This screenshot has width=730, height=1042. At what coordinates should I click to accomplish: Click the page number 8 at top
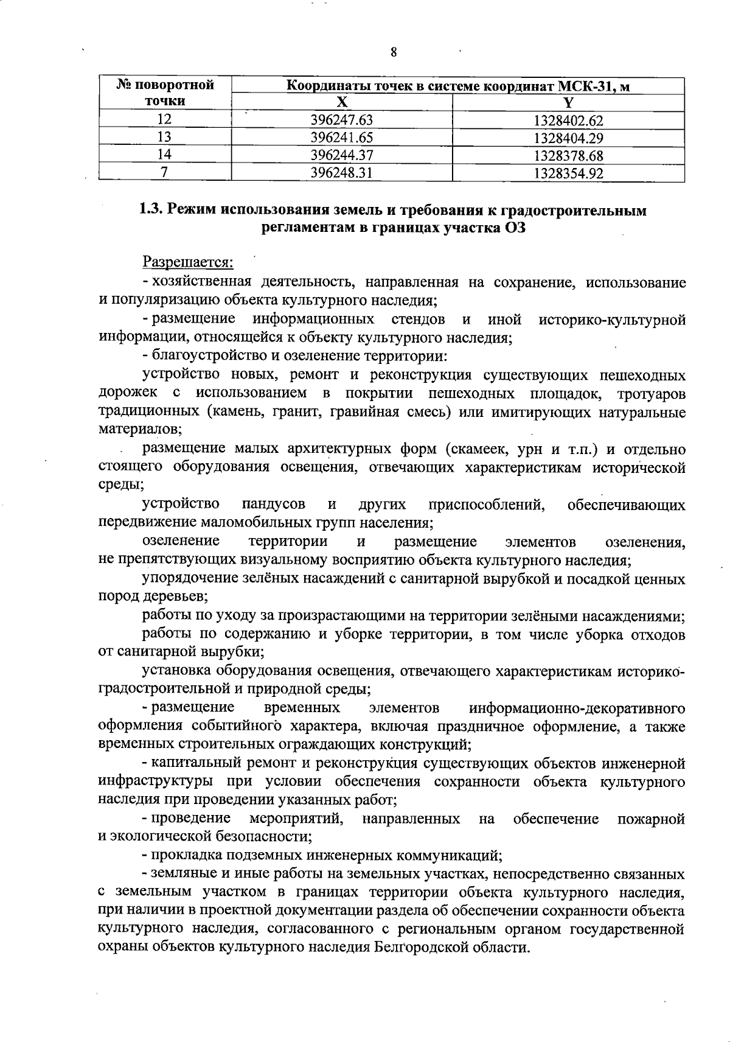coord(394,52)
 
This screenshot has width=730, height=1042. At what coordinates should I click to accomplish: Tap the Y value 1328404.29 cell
coord(568,138)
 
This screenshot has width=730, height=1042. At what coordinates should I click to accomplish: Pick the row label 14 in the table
coord(164,155)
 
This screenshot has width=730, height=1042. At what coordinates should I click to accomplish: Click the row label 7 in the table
coord(164,173)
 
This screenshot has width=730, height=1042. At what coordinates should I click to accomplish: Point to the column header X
coord(342,102)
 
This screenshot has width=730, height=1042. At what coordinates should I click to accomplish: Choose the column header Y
coord(568,103)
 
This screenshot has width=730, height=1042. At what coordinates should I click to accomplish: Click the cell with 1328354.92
coord(568,173)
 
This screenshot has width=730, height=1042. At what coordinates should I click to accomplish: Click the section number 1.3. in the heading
coord(150,211)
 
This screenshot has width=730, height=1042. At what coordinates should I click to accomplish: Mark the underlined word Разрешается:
coord(188,262)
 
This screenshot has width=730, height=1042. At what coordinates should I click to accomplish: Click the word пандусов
coord(274,505)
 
